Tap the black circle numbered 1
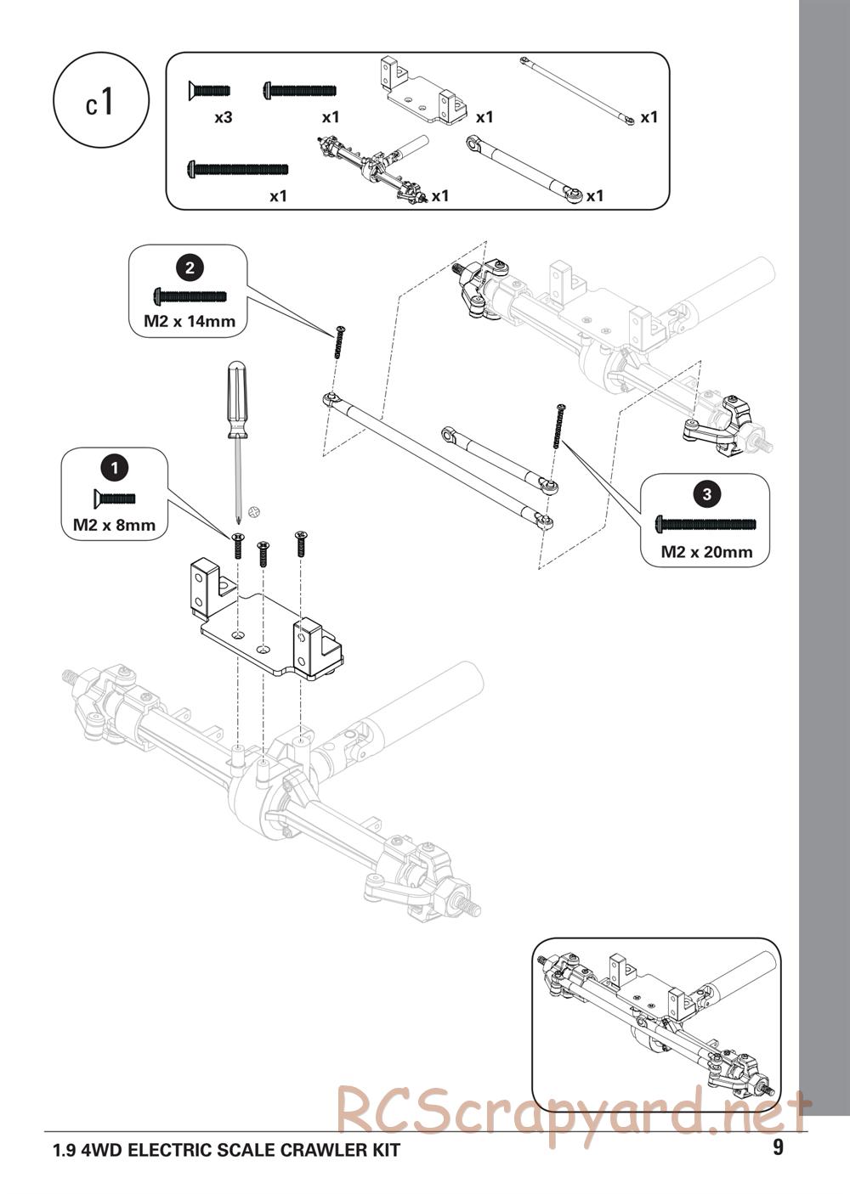coord(115,466)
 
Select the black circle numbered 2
coord(189,268)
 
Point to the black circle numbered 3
coord(707,493)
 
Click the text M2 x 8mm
coord(115,525)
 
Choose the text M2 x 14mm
coord(189,322)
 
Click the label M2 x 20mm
coord(707,552)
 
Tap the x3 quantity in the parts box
coord(224,118)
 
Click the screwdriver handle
coord(236,399)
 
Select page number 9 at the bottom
coord(779,1148)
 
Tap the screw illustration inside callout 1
coord(113,498)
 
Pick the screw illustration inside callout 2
coord(190,296)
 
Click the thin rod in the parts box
coord(577,91)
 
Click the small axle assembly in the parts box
coord(374,166)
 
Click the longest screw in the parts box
coord(238,170)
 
